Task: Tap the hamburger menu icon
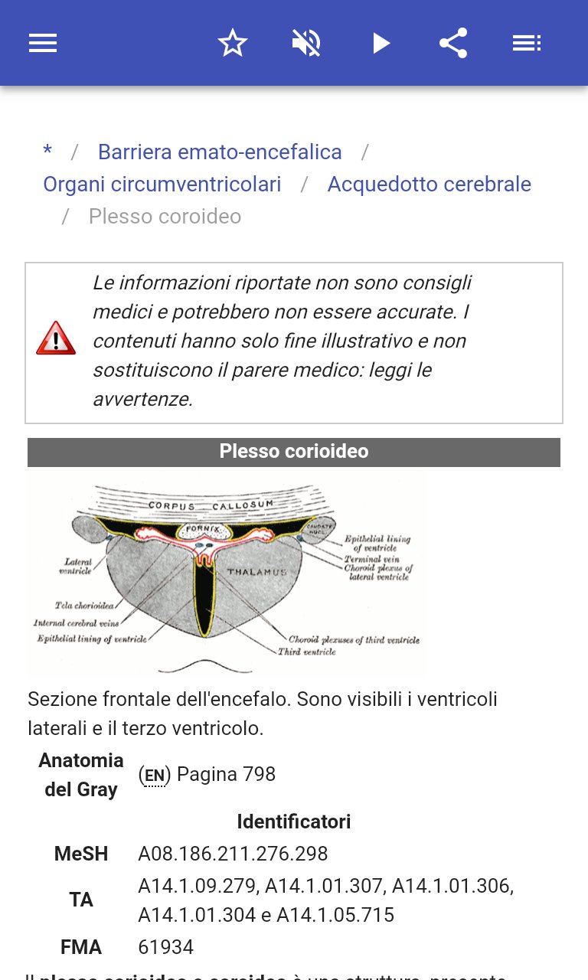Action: (x=43, y=43)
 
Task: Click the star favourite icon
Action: (x=233, y=43)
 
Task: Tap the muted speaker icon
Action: (x=306, y=43)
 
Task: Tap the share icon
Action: (x=453, y=43)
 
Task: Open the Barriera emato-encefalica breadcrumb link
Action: (x=220, y=152)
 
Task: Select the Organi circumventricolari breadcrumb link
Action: (x=162, y=185)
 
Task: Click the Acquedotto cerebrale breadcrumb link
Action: (x=429, y=185)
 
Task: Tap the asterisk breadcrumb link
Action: (x=47, y=152)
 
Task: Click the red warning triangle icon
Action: (x=56, y=338)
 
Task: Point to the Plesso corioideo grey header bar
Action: (x=294, y=452)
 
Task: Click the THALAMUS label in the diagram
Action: (x=256, y=572)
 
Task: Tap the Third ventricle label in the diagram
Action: (x=306, y=652)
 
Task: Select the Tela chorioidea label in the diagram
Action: (x=84, y=606)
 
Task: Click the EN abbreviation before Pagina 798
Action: (x=154, y=776)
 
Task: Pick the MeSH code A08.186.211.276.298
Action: (x=233, y=854)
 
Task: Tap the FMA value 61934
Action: (x=165, y=947)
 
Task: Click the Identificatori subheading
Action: (x=294, y=822)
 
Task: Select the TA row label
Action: (x=81, y=900)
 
